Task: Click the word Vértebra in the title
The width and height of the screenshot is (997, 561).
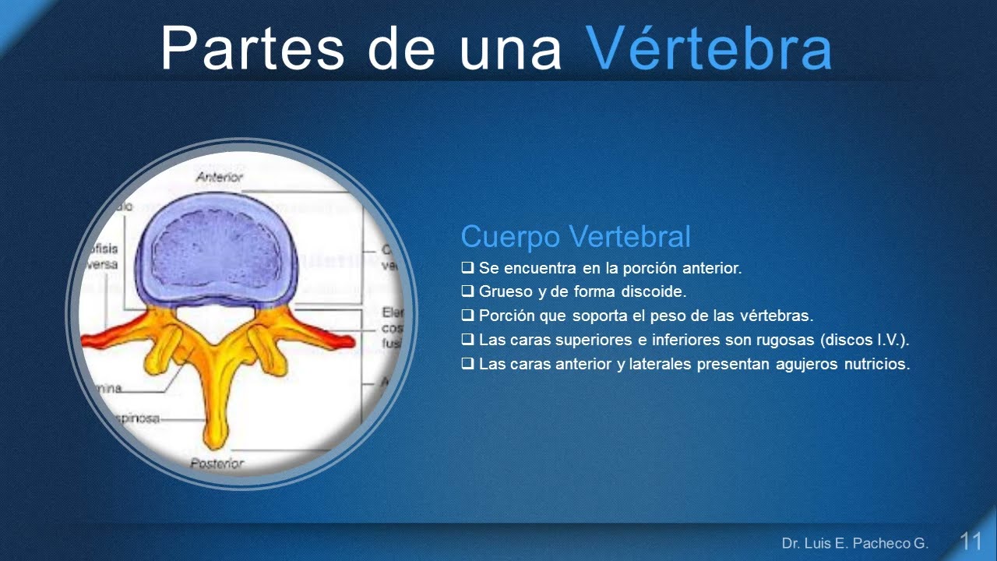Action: click(708, 48)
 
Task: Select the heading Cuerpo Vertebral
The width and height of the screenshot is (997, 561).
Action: click(576, 236)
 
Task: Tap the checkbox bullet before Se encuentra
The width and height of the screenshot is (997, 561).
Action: click(467, 268)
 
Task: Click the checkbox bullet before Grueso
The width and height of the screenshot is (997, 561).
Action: click(467, 291)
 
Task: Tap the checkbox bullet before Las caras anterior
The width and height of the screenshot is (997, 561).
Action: click(467, 364)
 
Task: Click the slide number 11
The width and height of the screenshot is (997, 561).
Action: click(971, 542)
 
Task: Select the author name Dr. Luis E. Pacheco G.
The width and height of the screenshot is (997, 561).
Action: click(855, 542)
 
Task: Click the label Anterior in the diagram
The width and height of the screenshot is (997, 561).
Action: click(219, 177)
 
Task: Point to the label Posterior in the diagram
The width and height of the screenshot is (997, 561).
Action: click(217, 463)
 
